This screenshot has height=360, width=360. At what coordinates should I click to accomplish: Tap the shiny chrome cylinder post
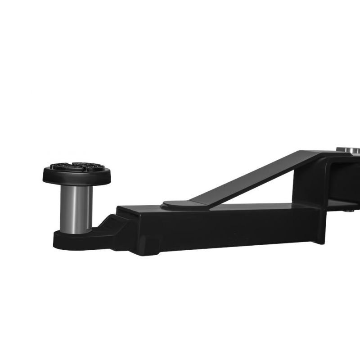pos(76,207)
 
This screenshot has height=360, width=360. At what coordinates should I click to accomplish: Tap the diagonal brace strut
pos(252,178)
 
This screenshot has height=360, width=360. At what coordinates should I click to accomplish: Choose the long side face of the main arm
pos(216,229)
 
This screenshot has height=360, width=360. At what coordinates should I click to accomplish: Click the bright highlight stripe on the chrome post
pos(72,207)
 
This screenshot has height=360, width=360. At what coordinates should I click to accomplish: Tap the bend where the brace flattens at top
pos(319,155)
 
